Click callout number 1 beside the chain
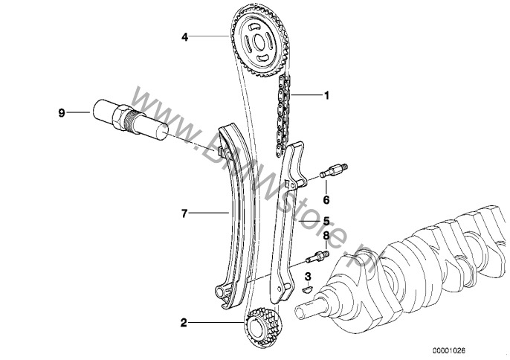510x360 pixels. (324, 95)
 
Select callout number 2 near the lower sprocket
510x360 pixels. (182, 324)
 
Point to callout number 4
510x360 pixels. (185, 35)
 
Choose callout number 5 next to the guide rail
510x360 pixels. (326, 220)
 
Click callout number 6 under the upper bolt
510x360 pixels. (325, 199)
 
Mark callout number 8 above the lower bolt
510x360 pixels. (325, 237)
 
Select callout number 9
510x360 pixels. (62, 113)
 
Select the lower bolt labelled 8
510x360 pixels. (318, 259)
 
